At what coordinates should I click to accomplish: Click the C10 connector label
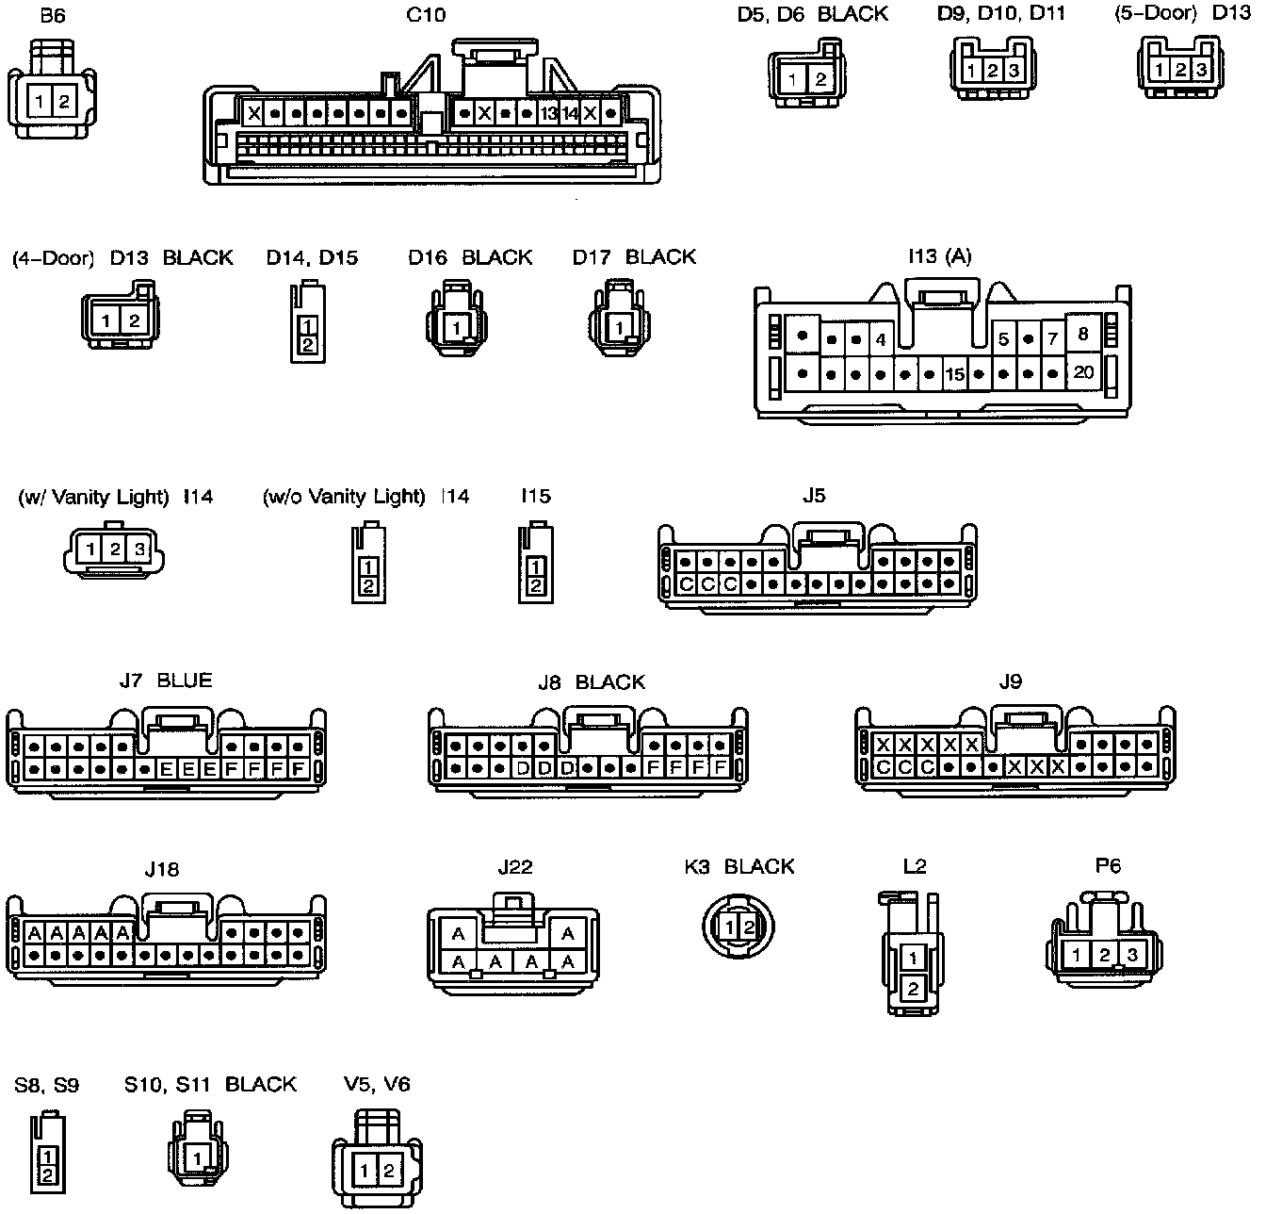426,14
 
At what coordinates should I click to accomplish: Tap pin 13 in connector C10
549,114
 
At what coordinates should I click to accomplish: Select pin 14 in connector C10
570,114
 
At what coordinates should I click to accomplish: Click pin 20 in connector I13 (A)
1084,372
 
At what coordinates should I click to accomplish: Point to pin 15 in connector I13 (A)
954,375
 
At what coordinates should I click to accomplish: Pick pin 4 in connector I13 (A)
880,339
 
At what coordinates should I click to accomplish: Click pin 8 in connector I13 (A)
1083,333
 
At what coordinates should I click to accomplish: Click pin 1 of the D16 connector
457,329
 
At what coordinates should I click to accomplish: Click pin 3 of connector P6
1132,955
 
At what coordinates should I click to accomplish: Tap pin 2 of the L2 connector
913,989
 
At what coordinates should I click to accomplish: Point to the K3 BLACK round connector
739,927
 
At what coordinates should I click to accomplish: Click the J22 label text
515,867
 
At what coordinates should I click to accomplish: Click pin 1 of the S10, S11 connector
198,1157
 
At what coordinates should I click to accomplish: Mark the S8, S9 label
47,1085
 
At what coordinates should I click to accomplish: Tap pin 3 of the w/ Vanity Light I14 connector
138,549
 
